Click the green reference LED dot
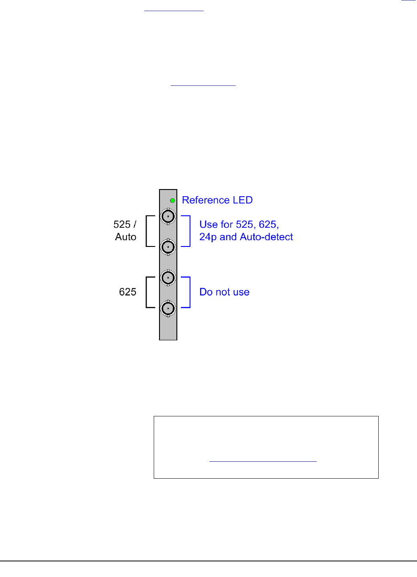172,201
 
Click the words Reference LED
217,200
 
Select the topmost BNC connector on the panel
168,217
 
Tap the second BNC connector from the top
168,247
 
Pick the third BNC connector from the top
168,278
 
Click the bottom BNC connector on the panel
168,308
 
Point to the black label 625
127,292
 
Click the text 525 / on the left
125,224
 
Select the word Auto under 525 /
126,237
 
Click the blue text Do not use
224,292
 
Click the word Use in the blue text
208,224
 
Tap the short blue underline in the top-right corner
409,1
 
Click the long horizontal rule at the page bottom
208,561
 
